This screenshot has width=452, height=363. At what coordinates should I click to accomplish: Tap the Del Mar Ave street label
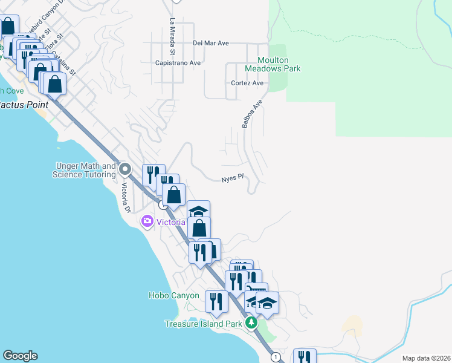(x=211, y=44)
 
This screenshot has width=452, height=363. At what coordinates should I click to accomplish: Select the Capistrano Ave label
(x=178, y=63)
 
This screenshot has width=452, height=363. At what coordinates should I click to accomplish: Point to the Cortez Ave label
(x=247, y=83)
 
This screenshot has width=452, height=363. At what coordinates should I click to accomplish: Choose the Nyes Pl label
(x=232, y=177)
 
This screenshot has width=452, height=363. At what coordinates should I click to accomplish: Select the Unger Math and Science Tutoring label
(x=85, y=170)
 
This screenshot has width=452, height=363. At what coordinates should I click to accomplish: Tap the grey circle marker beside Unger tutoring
(x=125, y=169)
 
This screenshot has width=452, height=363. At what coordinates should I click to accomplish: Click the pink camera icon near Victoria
(x=147, y=221)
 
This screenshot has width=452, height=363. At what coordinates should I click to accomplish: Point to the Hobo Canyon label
(x=173, y=295)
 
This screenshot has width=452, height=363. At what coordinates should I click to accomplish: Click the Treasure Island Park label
(x=204, y=324)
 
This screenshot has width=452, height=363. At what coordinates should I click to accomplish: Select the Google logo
(x=20, y=356)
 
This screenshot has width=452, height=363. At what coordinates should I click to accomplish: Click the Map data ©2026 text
(x=427, y=358)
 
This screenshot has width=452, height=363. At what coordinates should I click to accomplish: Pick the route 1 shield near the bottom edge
(x=276, y=357)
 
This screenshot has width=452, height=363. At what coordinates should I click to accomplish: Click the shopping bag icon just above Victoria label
(x=199, y=228)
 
